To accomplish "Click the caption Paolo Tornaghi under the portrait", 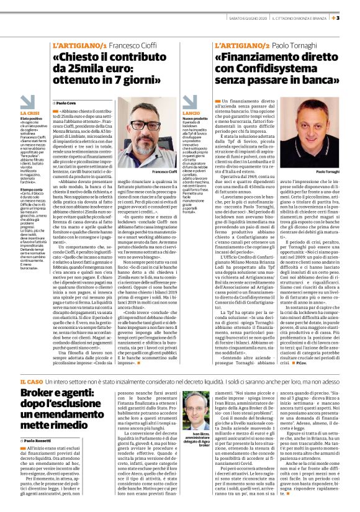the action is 328,171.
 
